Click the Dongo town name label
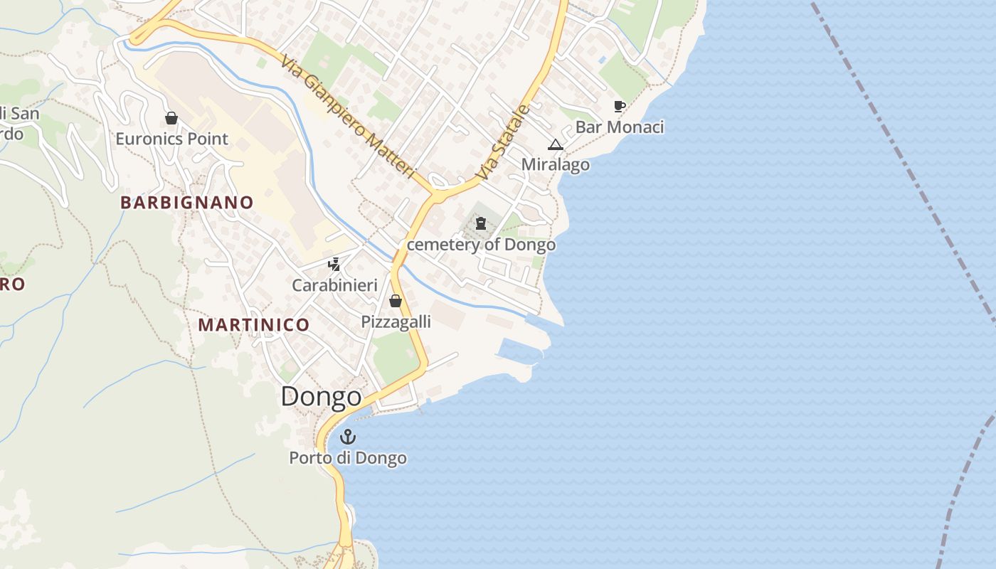[321, 397]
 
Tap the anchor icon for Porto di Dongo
[347, 437]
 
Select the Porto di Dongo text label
[347, 458]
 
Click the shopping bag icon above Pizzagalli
[396, 301]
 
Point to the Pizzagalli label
[396, 321]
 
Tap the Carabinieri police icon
[334, 265]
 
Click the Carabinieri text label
[334, 285]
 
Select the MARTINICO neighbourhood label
[254, 325]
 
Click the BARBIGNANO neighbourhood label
[186, 203]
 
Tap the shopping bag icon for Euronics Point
[171, 118]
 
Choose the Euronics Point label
[171, 139]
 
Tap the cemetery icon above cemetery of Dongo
[481, 224]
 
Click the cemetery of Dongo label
[481, 245]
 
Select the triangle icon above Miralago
[555, 144]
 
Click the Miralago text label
[555, 164]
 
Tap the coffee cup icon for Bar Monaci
[619, 107]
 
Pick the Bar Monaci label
[619, 127]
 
